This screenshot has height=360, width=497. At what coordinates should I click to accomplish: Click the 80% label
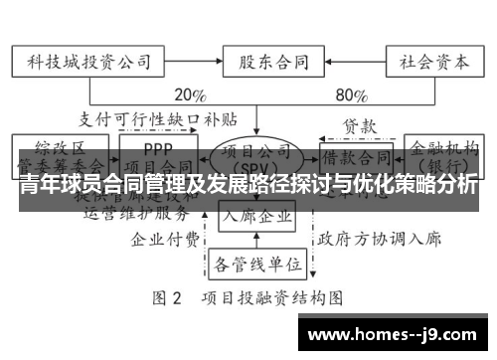point(353,96)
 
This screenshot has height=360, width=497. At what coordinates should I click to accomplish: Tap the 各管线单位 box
point(256,264)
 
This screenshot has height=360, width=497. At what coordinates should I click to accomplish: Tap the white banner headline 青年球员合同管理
point(248,185)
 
